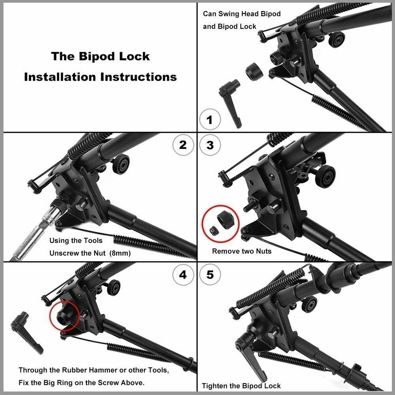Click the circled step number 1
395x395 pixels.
209,119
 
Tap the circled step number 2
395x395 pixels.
183,145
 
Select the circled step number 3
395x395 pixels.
210,145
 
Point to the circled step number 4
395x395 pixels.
183,274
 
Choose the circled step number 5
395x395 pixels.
210,274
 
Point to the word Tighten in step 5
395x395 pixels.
216,386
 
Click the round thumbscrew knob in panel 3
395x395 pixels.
326,175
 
